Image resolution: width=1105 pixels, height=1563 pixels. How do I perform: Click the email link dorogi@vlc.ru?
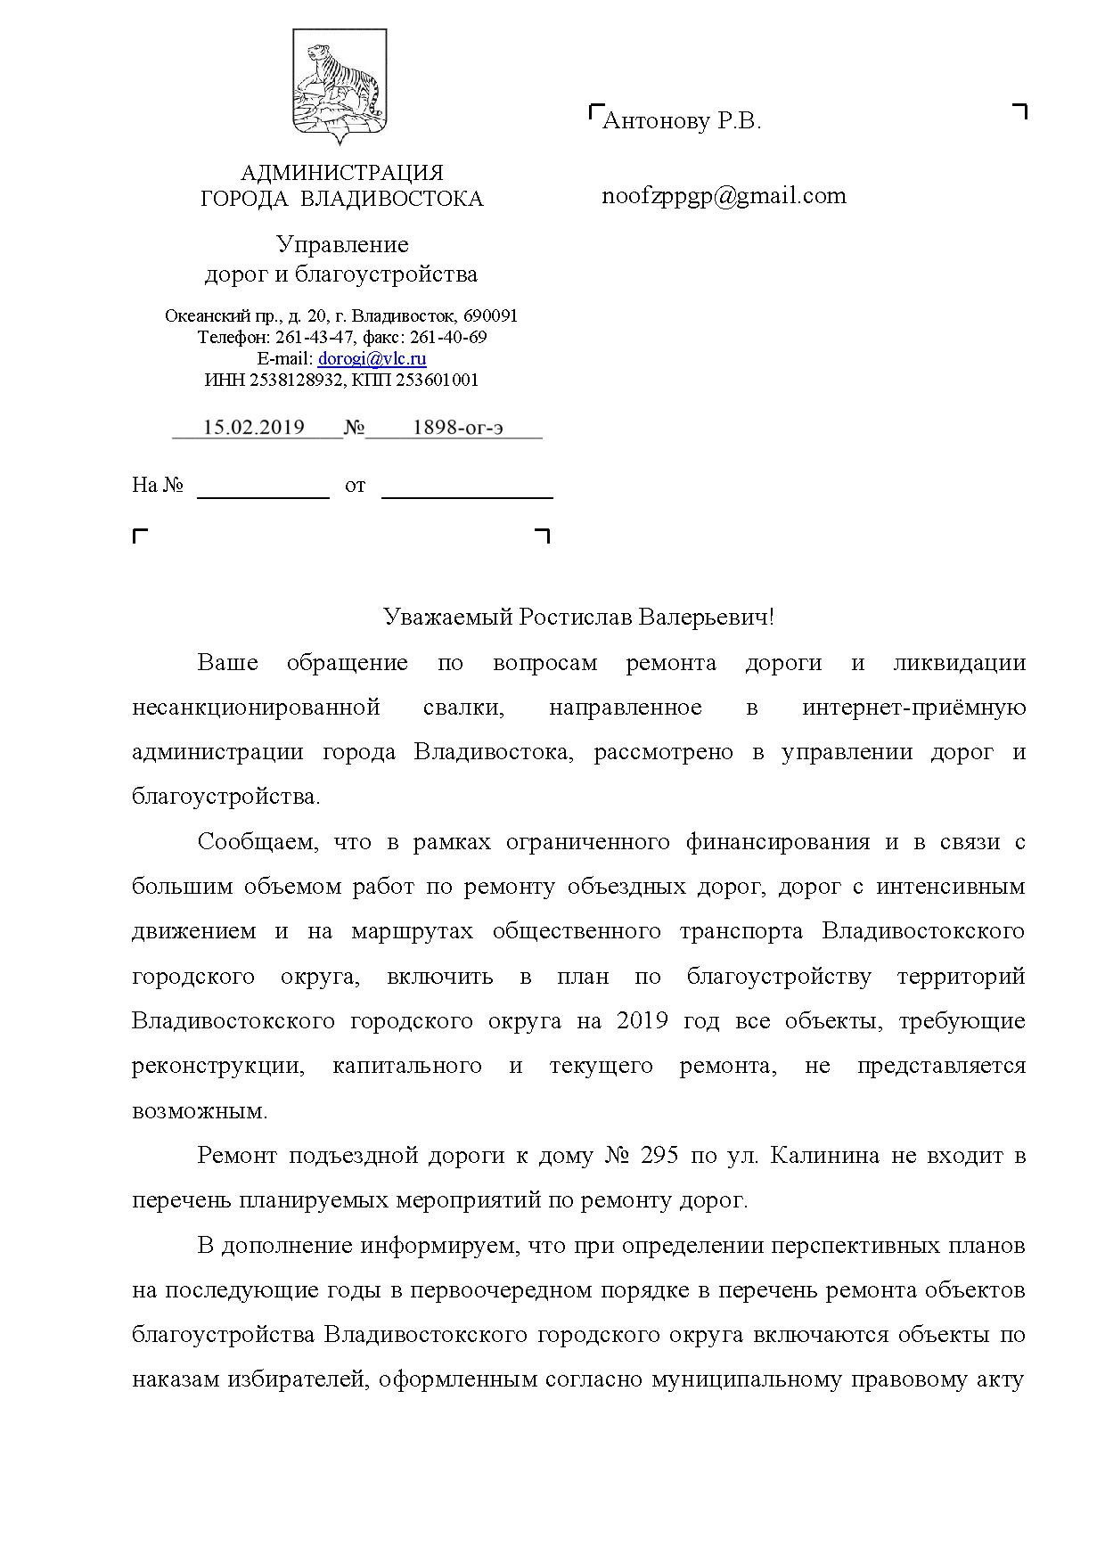372,359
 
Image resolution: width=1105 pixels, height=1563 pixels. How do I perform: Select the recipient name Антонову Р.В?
682,121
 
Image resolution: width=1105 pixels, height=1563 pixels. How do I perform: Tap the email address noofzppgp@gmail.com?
724,196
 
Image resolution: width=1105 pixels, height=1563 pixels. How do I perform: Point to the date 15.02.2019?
254,428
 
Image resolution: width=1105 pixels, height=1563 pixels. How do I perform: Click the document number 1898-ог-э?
457,428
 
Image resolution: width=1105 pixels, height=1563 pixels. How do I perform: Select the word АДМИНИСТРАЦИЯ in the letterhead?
342,173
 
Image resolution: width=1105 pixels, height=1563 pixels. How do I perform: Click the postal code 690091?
491,316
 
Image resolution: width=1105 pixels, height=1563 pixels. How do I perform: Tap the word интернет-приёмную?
913,708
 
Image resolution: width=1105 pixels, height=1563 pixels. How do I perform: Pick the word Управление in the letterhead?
342,244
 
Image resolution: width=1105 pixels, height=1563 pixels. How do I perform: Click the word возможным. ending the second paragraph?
199,1111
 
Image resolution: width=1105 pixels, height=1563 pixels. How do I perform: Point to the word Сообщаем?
257,842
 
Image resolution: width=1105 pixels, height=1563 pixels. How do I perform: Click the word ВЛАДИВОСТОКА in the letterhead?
392,199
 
